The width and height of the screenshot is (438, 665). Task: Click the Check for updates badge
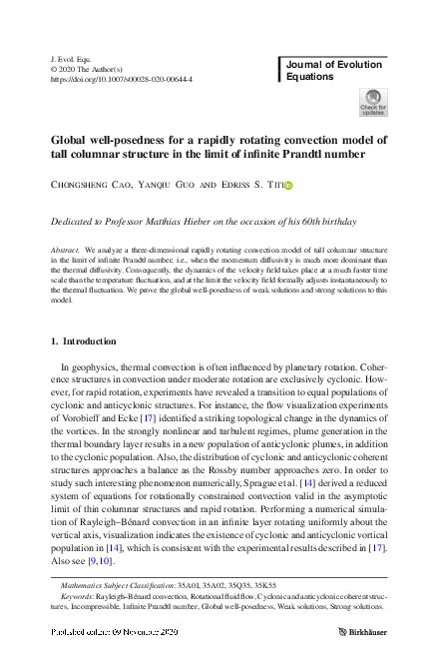[372, 103]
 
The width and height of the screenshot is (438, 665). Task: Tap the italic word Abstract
[64, 246]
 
